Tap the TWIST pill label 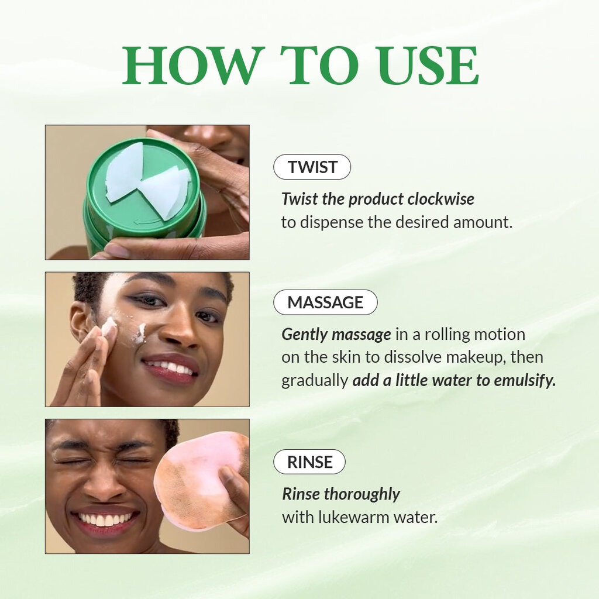pos(312,167)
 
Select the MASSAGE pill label pos(325,302)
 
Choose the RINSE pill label pos(309,462)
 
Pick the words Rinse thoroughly pos(341,494)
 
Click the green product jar pos(144,193)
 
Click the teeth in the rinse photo pos(105,518)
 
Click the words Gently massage pos(336,334)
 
